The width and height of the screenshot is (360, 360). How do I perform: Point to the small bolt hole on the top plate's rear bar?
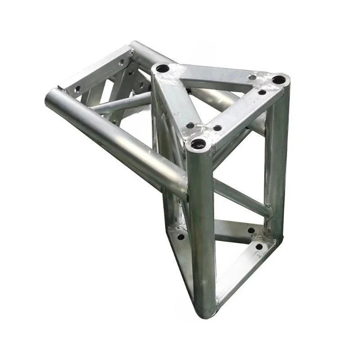coord(252,77)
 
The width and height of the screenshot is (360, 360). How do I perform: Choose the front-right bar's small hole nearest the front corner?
coord(217,128)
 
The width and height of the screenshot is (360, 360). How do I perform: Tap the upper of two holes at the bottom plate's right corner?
coord(251,230)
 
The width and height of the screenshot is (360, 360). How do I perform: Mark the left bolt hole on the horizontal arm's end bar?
coord(77,89)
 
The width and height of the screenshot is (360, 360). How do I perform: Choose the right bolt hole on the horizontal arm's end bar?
coord(121,63)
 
